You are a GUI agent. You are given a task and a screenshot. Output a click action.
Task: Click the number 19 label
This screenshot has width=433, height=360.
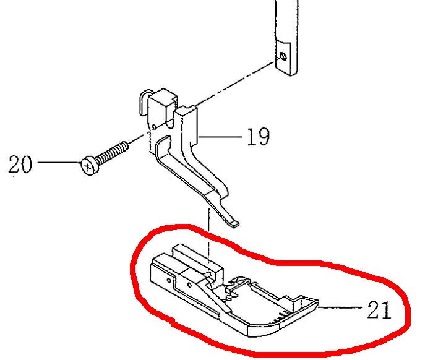(x=258, y=136)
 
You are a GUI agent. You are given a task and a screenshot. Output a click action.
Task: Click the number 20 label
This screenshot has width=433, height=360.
(x=20, y=164)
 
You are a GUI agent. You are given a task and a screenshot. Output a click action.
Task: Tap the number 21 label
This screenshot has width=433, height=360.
(x=379, y=309)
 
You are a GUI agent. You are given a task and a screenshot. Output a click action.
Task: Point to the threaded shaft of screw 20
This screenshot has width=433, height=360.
(x=113, y=153)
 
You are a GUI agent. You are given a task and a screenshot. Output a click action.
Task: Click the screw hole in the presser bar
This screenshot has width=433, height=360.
(x=283, y=56)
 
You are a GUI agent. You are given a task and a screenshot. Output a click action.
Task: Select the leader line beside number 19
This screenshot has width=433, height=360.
(x=220, y=137)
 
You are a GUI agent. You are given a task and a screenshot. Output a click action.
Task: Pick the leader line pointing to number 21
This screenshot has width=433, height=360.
(x=340, y=307)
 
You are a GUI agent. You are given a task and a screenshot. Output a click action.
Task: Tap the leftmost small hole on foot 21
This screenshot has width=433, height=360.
(x=169, y=281)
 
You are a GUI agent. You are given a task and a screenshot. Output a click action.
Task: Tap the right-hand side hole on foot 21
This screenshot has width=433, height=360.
(x=189, y=285)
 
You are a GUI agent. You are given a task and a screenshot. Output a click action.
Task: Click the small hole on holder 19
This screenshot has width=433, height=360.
(x=155, y=127)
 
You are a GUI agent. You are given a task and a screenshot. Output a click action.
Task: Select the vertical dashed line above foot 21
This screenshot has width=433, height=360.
(x=209, y=236)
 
